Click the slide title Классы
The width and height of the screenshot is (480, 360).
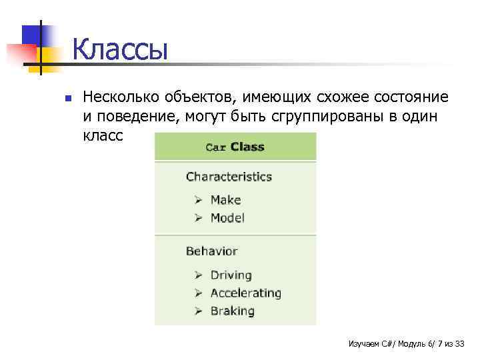pos(120,51)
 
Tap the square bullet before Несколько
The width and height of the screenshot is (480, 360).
pos(67,99)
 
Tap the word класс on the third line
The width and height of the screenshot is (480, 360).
pos(103,136)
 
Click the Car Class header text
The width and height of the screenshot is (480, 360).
pos(235,147)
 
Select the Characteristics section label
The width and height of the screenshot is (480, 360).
pos(229,177)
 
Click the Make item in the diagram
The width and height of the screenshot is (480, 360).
pos(225,199)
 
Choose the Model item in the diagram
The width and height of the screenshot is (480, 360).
pos(227,217)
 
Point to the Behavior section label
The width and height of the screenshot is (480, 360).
pos(211,251)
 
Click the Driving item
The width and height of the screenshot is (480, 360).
pos(231,275)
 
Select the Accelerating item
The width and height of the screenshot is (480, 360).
pos(245,293)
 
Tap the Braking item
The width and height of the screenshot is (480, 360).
pos(232,311)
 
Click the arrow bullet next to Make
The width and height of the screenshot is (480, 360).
pos(199,199)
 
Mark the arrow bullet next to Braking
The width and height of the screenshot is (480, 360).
pos(199,311)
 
